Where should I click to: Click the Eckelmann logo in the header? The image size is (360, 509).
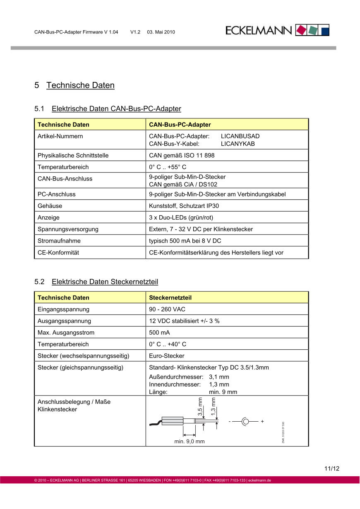277,30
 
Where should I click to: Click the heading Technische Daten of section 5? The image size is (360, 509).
80,85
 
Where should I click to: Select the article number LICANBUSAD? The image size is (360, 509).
240,136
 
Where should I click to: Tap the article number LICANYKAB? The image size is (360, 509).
238,144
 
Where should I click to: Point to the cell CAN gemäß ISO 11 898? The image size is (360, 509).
182,156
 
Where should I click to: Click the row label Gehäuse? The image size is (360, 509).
50,206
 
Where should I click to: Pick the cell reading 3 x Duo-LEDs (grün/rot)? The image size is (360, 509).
181,217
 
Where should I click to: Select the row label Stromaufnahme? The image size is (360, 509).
59,240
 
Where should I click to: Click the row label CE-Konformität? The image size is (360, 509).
58,252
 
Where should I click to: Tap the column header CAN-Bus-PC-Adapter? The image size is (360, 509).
180,125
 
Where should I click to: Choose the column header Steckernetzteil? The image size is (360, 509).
170,298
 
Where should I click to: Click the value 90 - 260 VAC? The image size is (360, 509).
167,309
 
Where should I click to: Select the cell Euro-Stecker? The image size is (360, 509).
166,355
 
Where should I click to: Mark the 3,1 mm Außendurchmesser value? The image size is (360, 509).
219,377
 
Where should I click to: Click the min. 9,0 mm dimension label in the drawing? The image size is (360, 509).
190,442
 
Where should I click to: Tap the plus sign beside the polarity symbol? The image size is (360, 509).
262,421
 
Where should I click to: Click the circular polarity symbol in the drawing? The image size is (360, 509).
245,422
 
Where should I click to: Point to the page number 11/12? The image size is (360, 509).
332,469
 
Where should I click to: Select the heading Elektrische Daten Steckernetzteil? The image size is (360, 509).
105,282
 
